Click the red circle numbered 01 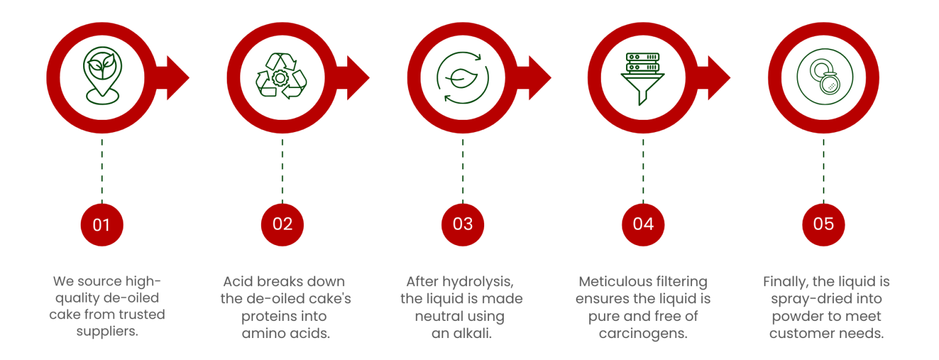click(x=102, y=225)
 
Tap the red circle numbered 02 click(x=282, y=225)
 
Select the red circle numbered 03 click(x=463, y=225)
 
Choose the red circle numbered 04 click(x=643, y=225)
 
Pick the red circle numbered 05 click(x=823, y=225)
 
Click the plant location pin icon click(x=102, y=75)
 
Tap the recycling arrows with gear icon click(x=281, y=76)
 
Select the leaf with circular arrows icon click(x=462, y=78)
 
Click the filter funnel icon click(x=643, y=79)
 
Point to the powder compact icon click(x=825, y=76)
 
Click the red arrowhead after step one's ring click(x=178, y=78)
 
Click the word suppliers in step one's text click(x=108, y=331)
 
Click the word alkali click(x=470, y=333)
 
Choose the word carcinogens click(x=643, y=334)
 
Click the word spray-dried click(x=804, y=299)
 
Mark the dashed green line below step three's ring click(x=463, y=171)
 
